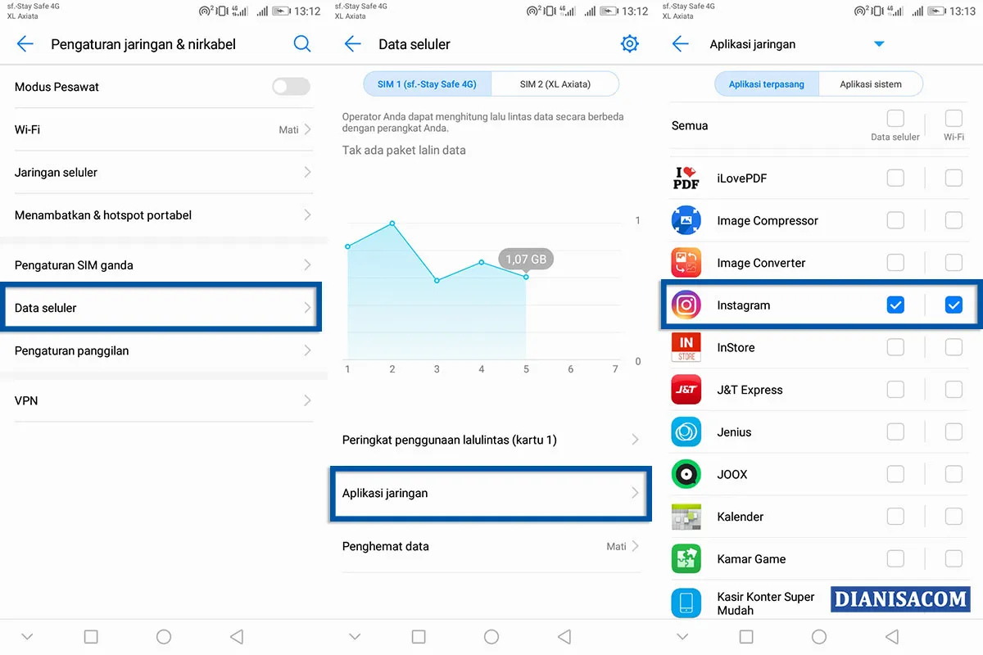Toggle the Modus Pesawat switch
pyautogui.click(x=291, y=87)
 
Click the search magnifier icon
pyautogui.click(x=302, y=44)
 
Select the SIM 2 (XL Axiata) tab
pyautogui.click(x=555, y=84)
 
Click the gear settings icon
pyautogui.click(x=629, y=44)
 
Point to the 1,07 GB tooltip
pyautogui.click(x=526, y=260)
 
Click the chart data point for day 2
pyautogui.click(x=392, y=224)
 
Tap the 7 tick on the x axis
pyautogui.click(x=615, y=369)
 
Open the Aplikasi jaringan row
pyautogui.click(x=490, y=493)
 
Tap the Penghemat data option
pyautogui.click(x=490, y=546)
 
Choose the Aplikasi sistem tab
pyautogui.click(x=871, y=84)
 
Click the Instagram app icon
pyautogui.click(x=686, y=305)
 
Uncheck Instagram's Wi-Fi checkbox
pyautogui.click(x=954, y=305)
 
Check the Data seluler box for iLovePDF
pyautogui.click(x=895, y=178)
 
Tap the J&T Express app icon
pyautogui.click(x=686, y=390)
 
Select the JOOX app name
pyautogui.click(x=732, y=474)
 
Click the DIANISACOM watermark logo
pyautogui.click(x=900, y=599)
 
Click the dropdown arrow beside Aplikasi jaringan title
pyautogui.click(x=879, y=44)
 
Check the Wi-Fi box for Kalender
pyautogui.click(x=954, y=517)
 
